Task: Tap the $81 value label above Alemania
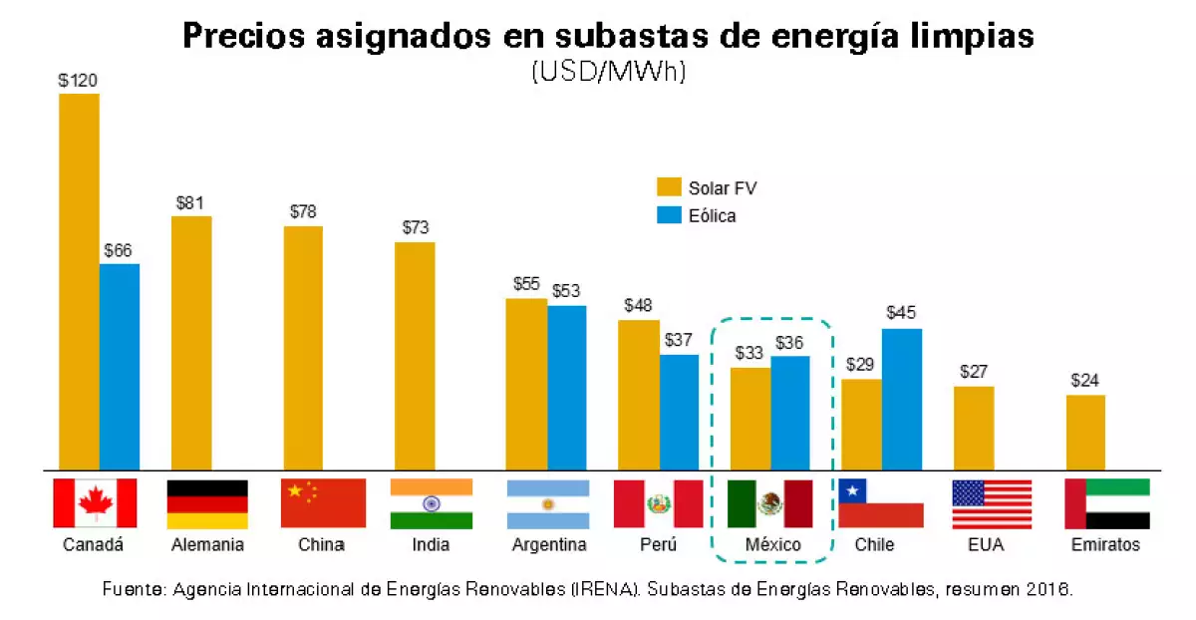tap(189, 203)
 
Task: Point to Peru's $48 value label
tap(638, 306)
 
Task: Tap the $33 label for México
tap(749, 353)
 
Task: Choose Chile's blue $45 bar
tap(902, 399)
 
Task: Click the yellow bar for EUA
tap(974, 428)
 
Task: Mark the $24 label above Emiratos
tap(1085, 380)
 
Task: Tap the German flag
tap(207, 504)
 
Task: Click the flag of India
tap(431, 504)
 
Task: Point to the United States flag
tap(992, 504)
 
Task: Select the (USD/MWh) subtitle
tap(608, 73)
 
